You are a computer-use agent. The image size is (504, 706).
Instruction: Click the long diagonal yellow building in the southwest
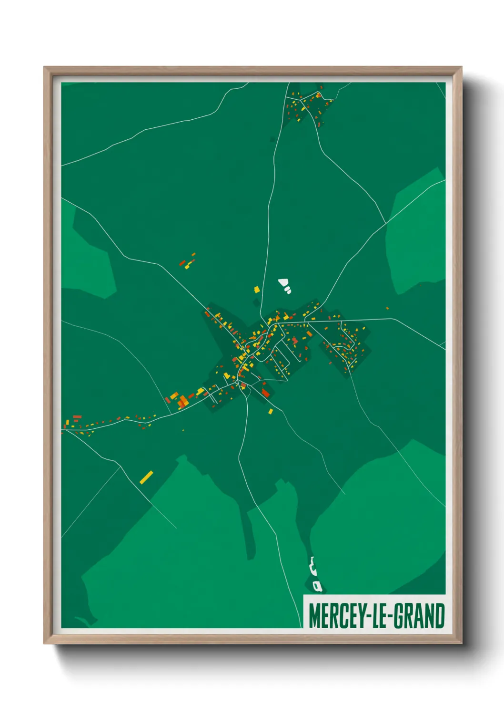coord(146,477)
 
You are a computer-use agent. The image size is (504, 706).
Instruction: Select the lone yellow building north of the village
coord(257,289)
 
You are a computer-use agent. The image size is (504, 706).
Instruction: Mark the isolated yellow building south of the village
coord(271,411)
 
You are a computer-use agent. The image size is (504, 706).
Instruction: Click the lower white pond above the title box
coord(317,585)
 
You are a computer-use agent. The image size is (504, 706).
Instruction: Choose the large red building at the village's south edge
coord(265,393)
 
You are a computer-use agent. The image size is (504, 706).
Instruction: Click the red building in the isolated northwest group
coord(182,263)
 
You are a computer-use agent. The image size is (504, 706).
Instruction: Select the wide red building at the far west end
coord(77,417)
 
